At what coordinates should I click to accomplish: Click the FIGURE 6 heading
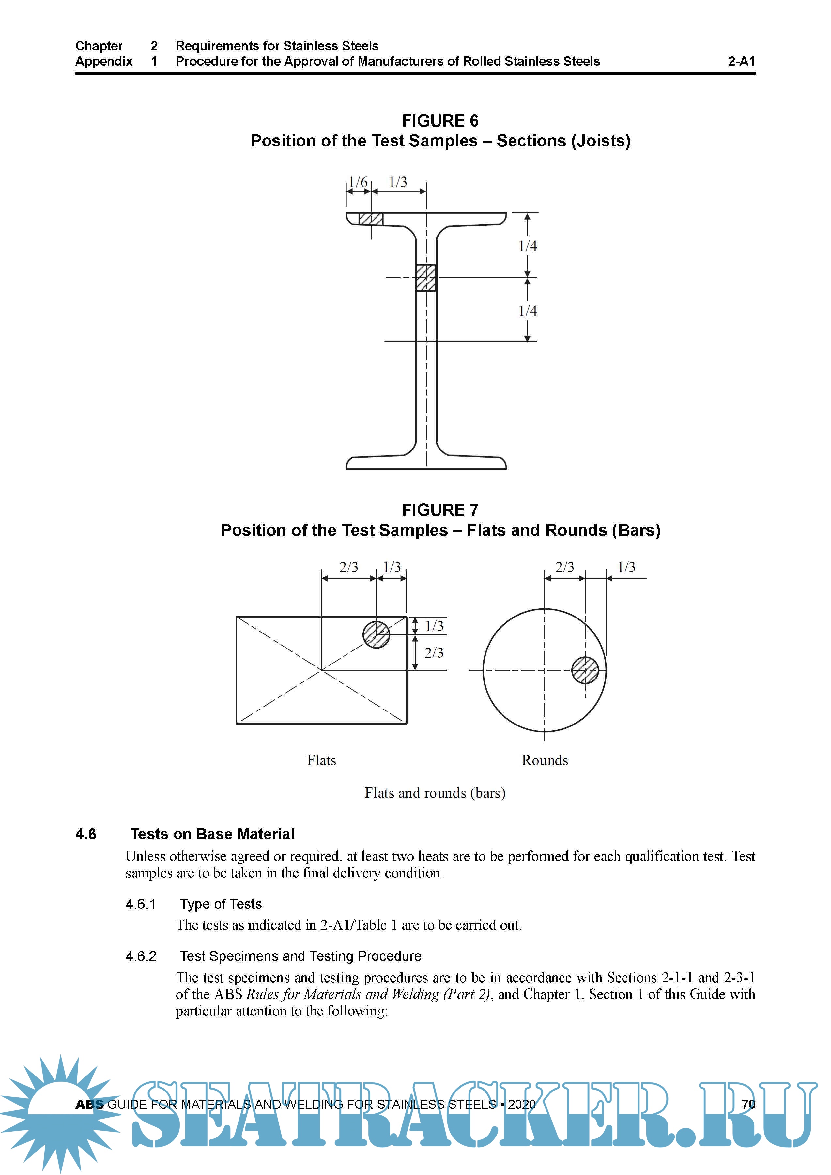[x=440, y=121]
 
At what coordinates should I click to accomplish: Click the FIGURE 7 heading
[x=440, y=510]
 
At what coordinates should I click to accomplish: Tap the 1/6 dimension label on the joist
[x=358, y=182]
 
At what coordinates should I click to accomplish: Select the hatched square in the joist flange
[x=371, y=219]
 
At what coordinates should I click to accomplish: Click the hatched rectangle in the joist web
[x=426, y=278]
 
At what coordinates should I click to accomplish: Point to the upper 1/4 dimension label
[x=528, y=246]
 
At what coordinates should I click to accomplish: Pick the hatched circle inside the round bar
[x=585, y=670]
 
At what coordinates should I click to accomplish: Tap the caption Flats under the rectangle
[x=321, y=760]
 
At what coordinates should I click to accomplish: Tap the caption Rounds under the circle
[x=545, y=760]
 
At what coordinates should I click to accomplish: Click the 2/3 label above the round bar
[x=564, y=567]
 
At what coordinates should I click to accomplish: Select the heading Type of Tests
[x=221, y=904]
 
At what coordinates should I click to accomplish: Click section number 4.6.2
[x=141, y=956]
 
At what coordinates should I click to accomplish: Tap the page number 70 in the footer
[x=748, y=1105]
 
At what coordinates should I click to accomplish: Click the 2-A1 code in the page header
[x=741, y=61]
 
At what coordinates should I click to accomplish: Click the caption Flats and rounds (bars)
[x=435, y=793]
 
